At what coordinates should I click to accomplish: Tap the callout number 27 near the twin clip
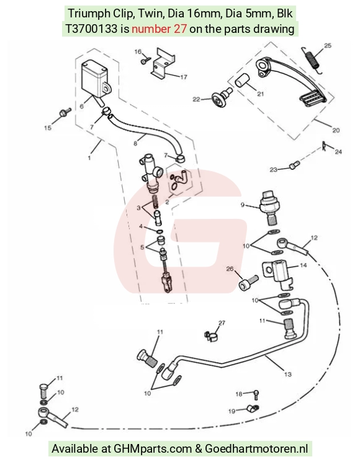point(222,323)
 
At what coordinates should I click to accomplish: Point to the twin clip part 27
point(210,336)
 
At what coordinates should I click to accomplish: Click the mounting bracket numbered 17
point(163,64)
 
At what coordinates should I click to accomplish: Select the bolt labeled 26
point(248,283)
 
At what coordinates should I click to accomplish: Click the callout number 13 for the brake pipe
point(288,374)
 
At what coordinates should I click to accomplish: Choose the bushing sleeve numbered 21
point(242,81)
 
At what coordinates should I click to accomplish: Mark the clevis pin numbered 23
point(294,166)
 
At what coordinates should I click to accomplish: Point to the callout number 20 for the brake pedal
point(336,130)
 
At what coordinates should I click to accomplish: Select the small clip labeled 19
point(253,409)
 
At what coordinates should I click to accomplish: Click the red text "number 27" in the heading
point(159,29)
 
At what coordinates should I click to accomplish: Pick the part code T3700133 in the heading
point(91,29)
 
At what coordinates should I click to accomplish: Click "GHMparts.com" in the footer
point(153,448)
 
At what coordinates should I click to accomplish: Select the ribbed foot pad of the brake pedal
point(313,97)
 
